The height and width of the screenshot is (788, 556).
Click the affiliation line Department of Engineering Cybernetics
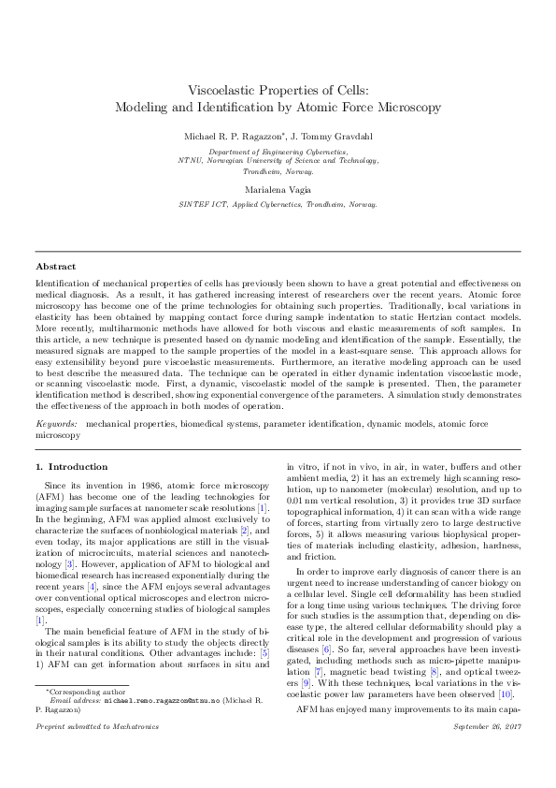(278, 151)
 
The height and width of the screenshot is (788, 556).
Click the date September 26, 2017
(486, 752)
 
